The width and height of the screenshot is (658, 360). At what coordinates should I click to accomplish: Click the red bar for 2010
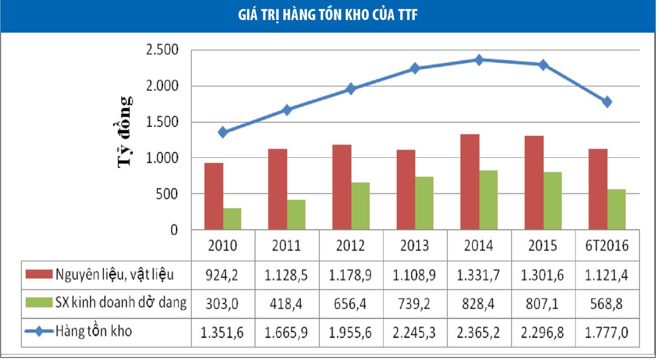(214, 196)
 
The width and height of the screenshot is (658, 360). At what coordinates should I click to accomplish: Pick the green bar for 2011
(297, 215)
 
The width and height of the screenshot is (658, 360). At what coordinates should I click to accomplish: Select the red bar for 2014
(470, 182)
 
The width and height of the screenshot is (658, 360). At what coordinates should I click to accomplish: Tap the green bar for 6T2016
(616, 209)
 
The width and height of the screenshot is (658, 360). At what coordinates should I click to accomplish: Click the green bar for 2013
(424, 203)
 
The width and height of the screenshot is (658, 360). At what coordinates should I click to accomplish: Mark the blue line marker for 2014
(479, 60)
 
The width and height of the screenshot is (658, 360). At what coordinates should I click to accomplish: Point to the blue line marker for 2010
(223, 132)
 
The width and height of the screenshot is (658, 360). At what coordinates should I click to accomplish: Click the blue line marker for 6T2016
(607, 102)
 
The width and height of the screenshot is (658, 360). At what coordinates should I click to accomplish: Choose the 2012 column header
(351, 245)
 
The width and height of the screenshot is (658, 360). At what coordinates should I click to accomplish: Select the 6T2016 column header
(606, 245)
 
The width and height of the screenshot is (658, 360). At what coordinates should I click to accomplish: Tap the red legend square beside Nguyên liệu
(40, 275)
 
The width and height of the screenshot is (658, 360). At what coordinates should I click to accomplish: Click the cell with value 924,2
(223, 275)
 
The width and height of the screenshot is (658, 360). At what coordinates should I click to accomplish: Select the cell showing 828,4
(479, 303)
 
